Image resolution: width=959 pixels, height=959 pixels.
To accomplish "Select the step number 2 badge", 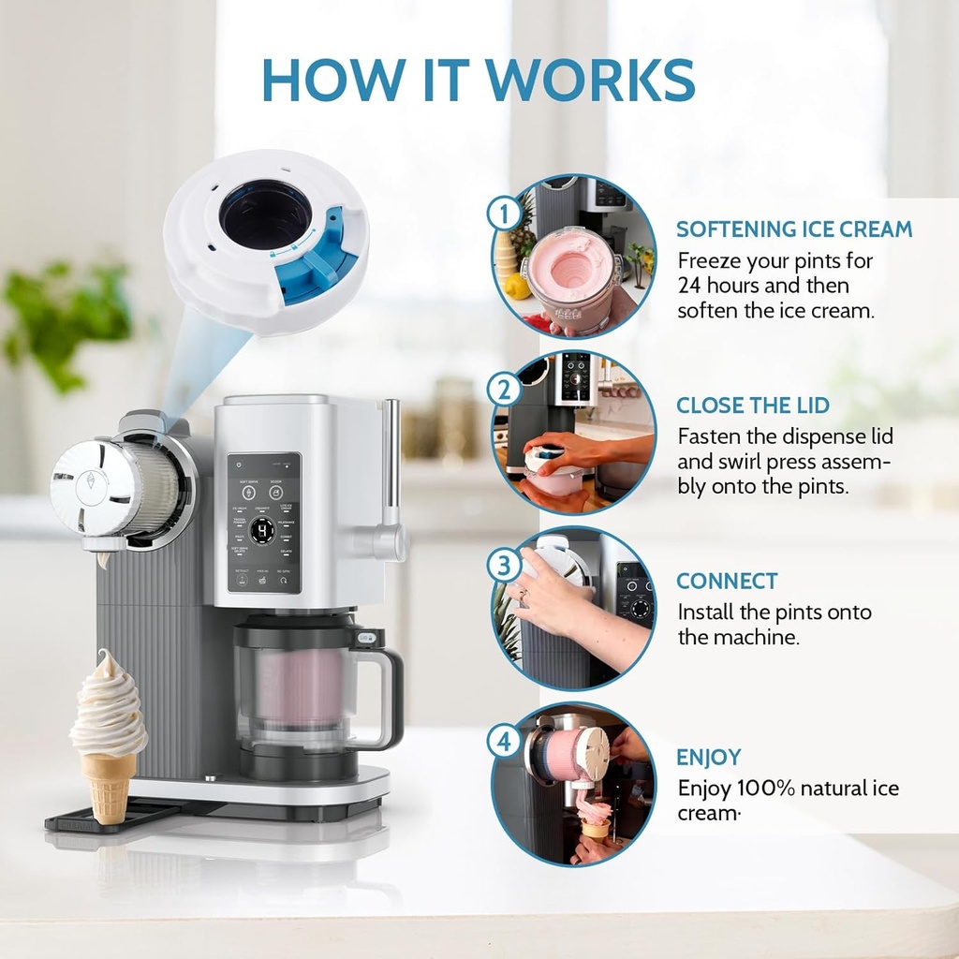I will [504, 389].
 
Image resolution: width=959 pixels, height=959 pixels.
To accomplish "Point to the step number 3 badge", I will [504, 566].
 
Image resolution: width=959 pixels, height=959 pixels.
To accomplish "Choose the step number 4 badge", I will [504, 743].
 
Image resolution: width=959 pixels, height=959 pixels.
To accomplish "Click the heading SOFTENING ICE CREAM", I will [794, 229].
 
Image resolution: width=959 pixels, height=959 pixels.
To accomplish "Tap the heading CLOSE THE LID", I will [753, 406].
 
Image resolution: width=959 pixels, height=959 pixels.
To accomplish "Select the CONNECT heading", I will [726, 582].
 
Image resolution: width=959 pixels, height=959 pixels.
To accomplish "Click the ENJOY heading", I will [708, 758].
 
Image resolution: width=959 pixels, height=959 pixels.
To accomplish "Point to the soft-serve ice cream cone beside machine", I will [108, 730].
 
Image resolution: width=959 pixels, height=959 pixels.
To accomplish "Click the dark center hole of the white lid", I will [265, 214].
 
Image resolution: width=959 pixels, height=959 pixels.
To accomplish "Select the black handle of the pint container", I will [384, 693].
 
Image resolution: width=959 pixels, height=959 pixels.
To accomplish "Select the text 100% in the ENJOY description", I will [766, 788].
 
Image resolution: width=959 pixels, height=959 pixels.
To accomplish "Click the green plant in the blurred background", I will [70, 318].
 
